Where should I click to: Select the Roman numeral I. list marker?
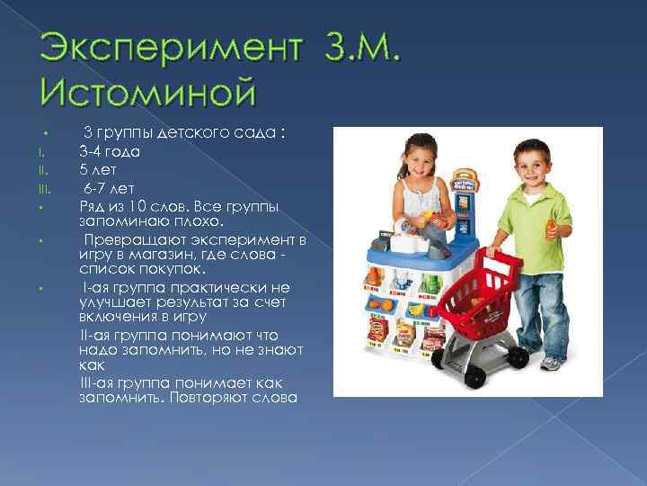point(41,152)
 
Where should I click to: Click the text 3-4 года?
point(109,151)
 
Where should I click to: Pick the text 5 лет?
point(98,170)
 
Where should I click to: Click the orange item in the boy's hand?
point(552,231)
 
